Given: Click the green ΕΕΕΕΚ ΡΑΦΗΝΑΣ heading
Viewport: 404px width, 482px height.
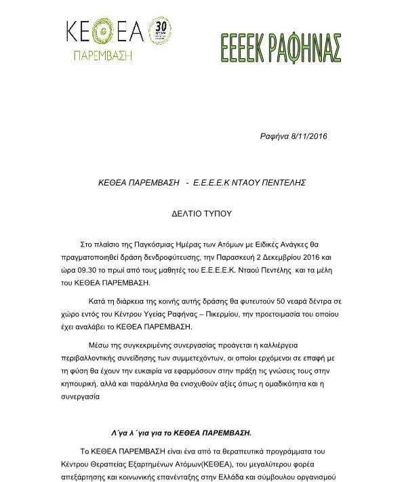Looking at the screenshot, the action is (280, 47).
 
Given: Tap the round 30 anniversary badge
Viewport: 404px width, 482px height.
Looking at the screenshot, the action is (159, 31).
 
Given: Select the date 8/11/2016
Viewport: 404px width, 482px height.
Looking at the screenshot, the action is (308, 136).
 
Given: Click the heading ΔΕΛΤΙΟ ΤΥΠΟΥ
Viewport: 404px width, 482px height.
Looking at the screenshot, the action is (201, 213).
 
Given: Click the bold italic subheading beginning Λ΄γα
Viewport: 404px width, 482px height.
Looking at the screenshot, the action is (181, 431).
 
